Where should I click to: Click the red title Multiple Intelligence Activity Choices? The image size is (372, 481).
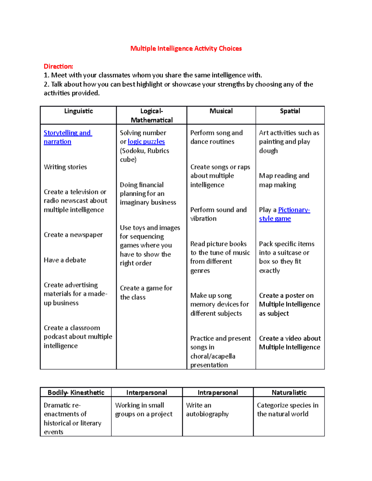pyautogui.click(x=186, y=48)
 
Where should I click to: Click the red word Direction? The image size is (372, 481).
pyautogui.click(x=58, y=66)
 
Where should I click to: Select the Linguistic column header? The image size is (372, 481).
pyautogui.click(x=78, y=111)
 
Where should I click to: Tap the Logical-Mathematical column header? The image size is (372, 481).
pyautogui.click(x=152, y=116)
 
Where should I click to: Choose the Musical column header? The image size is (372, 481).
pyautogui.click(x=221, y=111)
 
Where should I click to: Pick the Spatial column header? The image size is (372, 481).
pyautogui.click(x=290, y=111)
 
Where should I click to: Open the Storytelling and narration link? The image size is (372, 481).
pyautogui.click(x=67, y=133)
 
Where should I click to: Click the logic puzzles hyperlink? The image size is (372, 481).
pyautogui.click(x=146, y=142)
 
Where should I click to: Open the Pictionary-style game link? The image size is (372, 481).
pyautogui.click(x=294, y=210)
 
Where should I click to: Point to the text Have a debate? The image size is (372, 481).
pyautogui.click(x=65, y=260)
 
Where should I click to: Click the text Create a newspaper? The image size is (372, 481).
pyautogui.click(x=73, y=235)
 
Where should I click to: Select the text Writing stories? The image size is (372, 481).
pyautogui.click(x=65, y=167)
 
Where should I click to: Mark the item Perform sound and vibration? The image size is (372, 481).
pyautogui.click(x=218, y=214)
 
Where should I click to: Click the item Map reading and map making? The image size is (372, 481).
pyautogui.click(x=284, y=180)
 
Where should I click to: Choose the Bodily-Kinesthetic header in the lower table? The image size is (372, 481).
pyautogui.click(x=76, y=392)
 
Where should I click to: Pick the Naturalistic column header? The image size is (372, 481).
pyautogui.click(x=289, y=392)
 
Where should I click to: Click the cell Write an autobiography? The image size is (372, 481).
pyautogui.click(x=207, y=409)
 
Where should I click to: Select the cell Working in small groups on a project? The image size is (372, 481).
pyautogui.click(x=144, y=409)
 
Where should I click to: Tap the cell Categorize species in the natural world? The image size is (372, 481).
pyautogui.click(x=287, y=409)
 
